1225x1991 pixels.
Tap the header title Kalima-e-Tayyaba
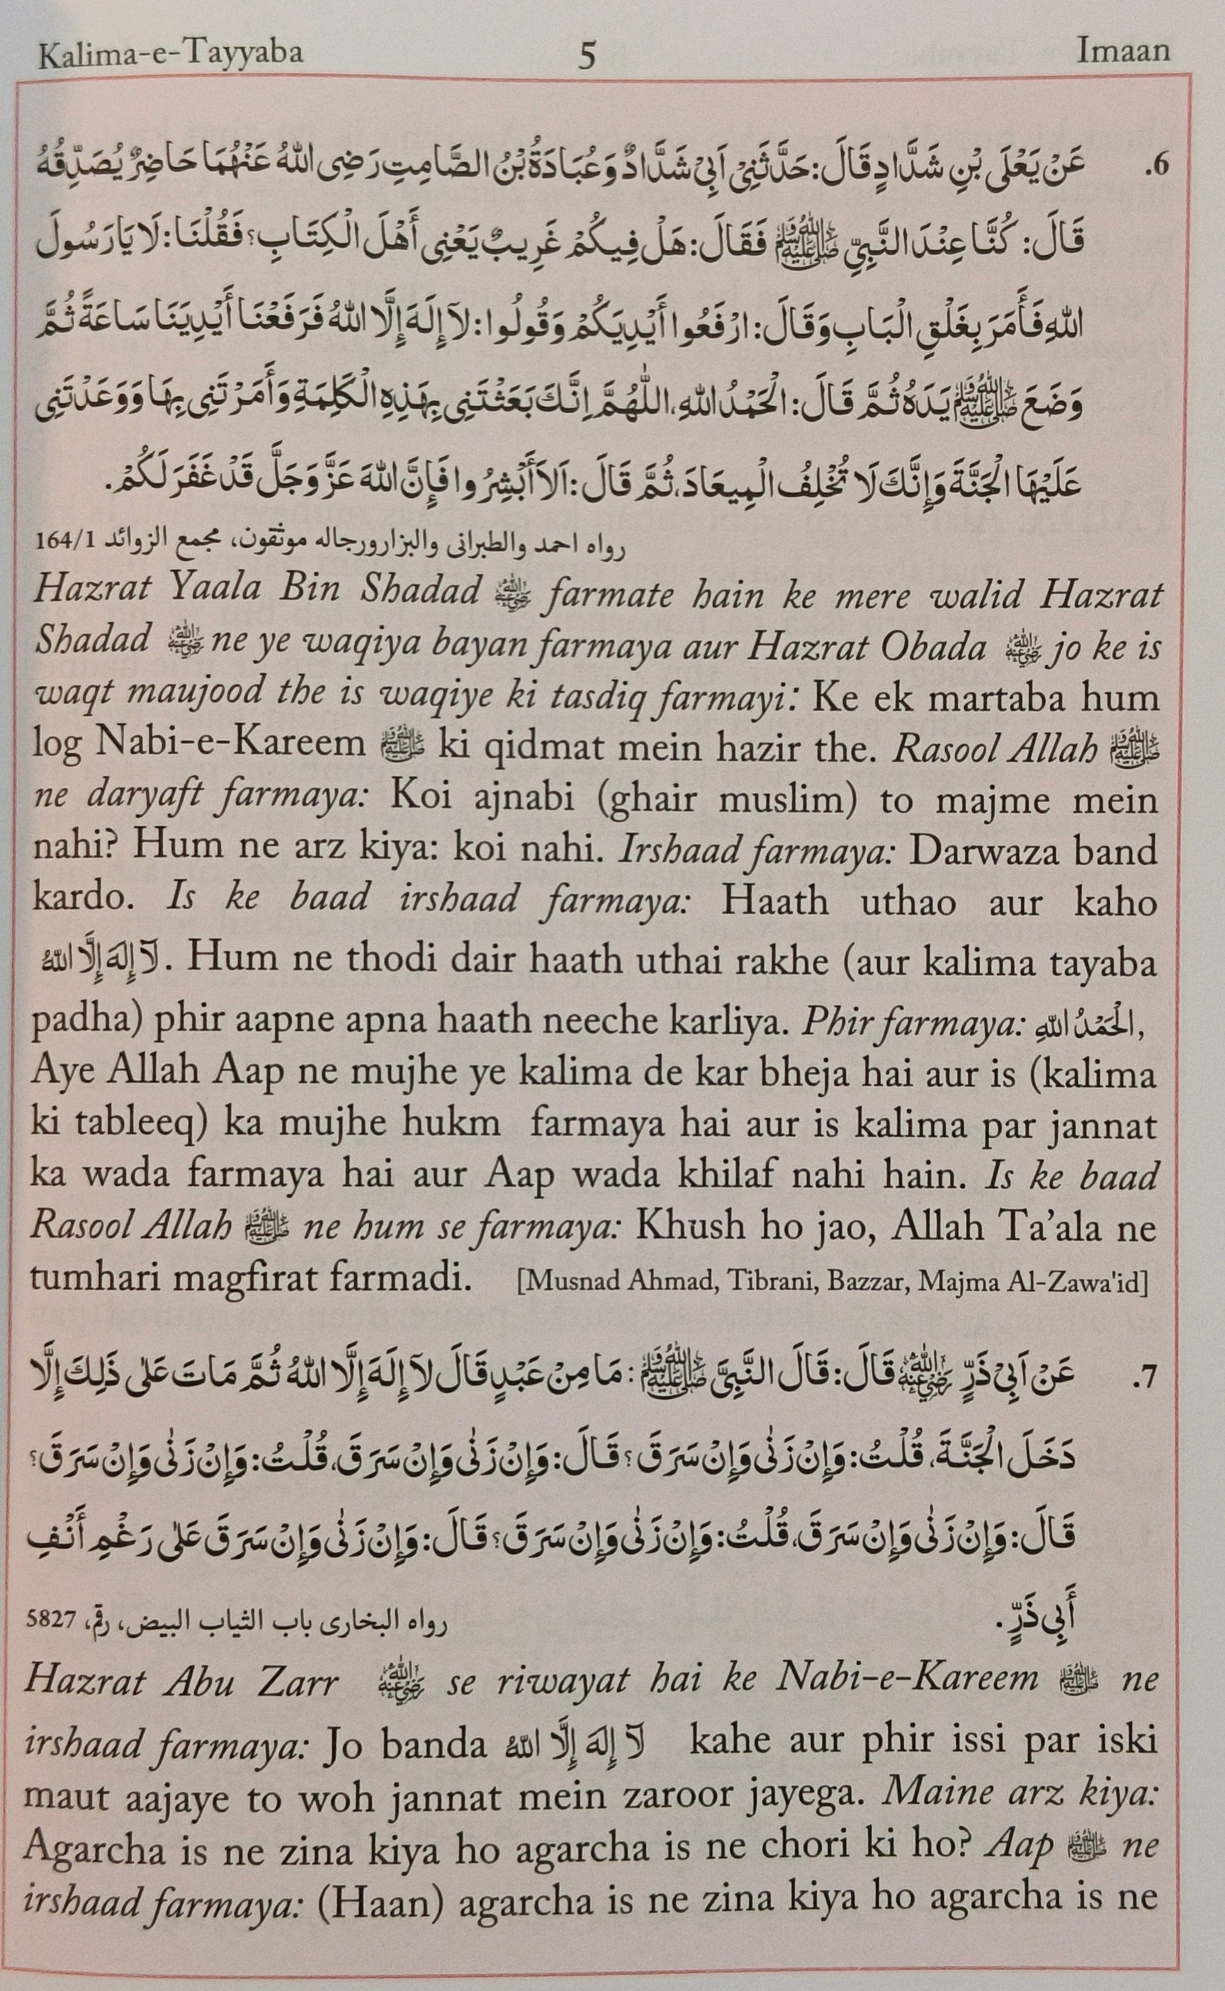[x=170, y=54]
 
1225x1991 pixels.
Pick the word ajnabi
[x=528, y=800]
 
